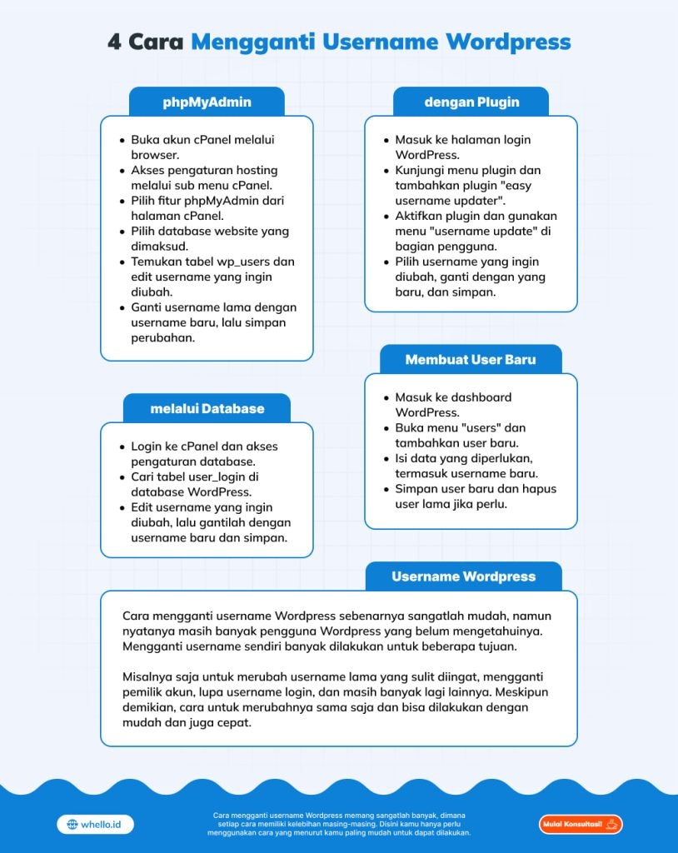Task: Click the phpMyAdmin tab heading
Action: pos(207,102)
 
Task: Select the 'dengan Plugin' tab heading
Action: pos(471,102)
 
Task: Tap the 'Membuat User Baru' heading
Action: pos(471,360)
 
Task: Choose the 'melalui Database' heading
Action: pos(207,408)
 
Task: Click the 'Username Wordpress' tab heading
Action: pos(463,576)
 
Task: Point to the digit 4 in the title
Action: pos(114,42)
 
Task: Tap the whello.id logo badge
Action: pos(95,824)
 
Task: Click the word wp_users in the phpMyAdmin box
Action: pos(263,262)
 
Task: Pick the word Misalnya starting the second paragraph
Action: pos(148,677)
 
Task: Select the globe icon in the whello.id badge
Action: pos(72,825)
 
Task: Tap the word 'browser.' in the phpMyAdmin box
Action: pos(155,155)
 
